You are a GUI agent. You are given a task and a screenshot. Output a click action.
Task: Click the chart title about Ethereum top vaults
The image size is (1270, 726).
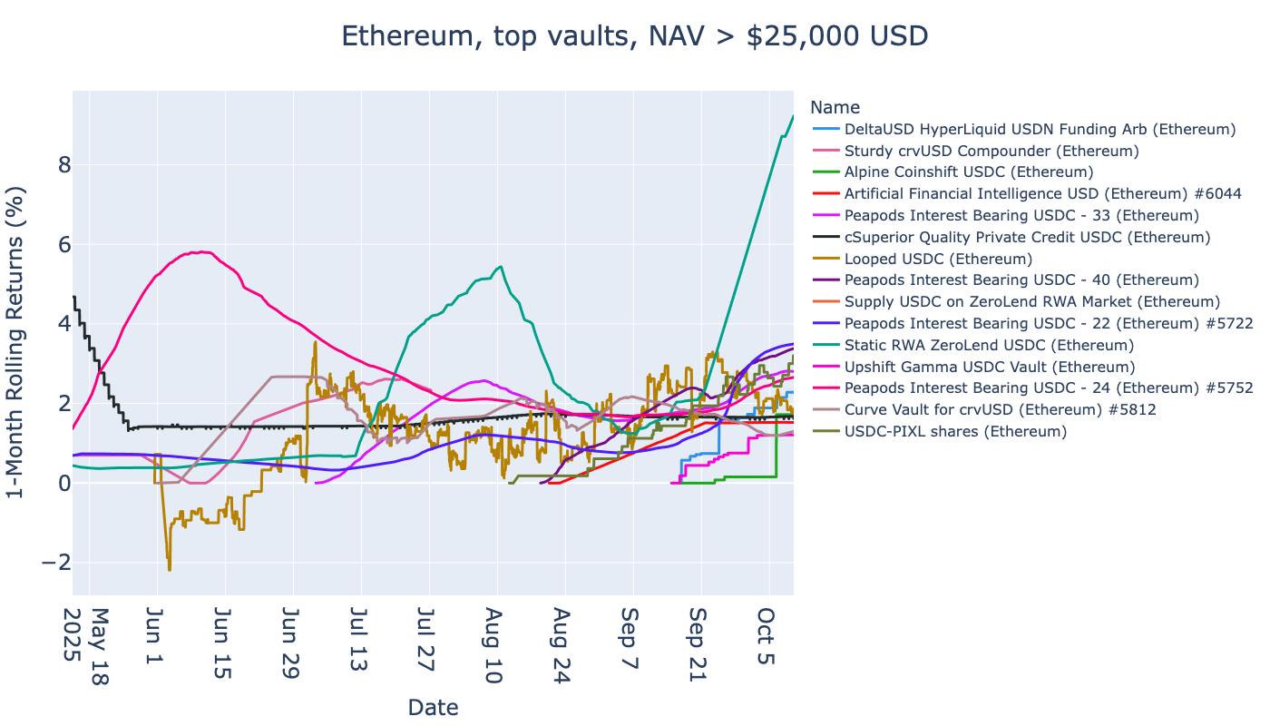coord(634,36)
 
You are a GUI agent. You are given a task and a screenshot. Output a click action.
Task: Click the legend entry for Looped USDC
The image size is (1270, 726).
coord(925,259)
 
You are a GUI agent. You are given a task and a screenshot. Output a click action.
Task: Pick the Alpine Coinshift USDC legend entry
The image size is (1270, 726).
coord(968,172)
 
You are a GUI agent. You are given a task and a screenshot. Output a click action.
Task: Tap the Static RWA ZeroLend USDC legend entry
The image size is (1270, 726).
coord(989,345)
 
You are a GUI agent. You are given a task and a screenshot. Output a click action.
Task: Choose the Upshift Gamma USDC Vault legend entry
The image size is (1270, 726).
coord(989,367)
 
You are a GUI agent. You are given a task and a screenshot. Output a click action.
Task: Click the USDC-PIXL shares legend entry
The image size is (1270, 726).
coord(955,431)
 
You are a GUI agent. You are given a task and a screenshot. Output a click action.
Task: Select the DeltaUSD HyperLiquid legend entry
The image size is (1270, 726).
coord(1040,129)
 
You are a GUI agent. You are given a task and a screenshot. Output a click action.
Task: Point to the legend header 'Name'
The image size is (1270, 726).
coord(835,107)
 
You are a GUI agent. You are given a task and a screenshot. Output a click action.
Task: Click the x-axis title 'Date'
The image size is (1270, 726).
coord(433,708)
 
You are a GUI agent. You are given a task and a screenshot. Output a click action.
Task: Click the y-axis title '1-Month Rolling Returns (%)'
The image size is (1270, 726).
coord(16,343)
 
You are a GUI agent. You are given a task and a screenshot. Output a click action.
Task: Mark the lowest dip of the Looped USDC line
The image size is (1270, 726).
coord(170,570)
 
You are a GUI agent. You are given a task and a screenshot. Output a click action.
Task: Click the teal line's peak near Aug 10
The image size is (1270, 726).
coord(501,267)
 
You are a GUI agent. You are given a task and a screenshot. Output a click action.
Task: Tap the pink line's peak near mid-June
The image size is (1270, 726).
coord(200,251)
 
